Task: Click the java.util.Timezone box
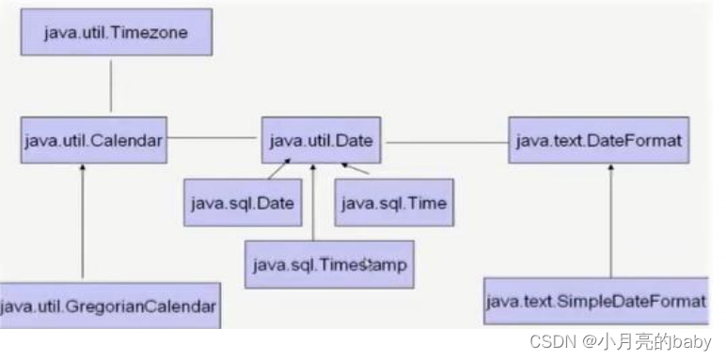tap(115, 33)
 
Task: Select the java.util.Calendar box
tap(93, 142)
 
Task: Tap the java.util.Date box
tap(322, 142)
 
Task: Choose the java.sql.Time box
tap(393, 202)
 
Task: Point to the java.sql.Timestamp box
tap(328, 264)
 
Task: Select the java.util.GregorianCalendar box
tap(110, 305)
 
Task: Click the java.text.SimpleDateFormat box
tap(595, 301)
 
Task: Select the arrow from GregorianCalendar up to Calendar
tap(83, 221)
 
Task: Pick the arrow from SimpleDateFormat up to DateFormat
tap(612, 221)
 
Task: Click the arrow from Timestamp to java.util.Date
tap(311, 202)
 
